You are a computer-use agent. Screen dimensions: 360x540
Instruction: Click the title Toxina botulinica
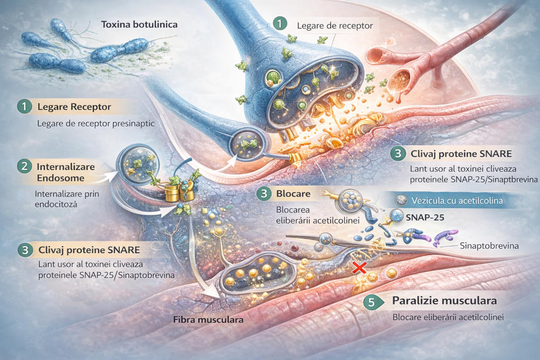(x=139, y=24)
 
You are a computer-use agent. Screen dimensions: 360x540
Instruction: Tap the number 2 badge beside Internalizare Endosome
(x=24, y=167)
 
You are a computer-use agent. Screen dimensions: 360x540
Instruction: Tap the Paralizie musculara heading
(x=445, y=301)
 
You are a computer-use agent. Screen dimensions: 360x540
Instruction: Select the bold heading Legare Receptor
(x=74, y=106)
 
